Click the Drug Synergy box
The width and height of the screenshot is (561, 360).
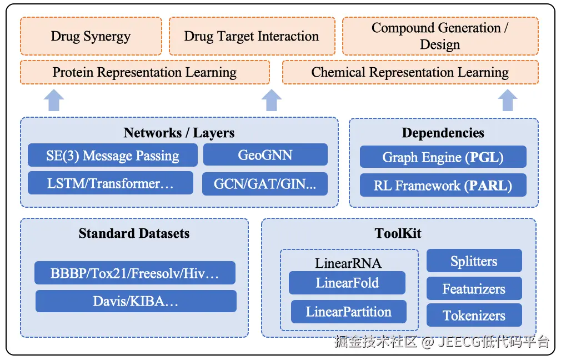point(91,36)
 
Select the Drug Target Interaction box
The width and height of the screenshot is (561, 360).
point(252,36)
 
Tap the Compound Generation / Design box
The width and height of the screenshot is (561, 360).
point(440,36)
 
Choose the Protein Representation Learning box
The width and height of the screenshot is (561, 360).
point(145,72)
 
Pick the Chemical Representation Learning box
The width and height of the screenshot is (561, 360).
point(410,72)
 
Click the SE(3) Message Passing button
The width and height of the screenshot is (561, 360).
point(113,156)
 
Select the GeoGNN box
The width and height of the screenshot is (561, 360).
point(265,155)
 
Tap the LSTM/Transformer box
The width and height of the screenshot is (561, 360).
point(111,183)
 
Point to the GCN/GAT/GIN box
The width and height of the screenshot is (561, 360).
point(265,184)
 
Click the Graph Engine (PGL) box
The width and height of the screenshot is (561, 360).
point(443,157)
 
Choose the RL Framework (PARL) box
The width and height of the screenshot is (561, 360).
point(443,185)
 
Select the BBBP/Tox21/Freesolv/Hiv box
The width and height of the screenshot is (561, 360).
point(135,273)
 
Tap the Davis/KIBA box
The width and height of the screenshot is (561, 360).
point(136,301)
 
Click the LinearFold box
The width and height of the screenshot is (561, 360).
point(347,283)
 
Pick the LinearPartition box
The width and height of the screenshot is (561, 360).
point(348,312)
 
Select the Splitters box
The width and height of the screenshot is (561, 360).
point(474,261)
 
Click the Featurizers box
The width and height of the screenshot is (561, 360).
point(474,288)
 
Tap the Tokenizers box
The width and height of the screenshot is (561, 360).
point(474,315)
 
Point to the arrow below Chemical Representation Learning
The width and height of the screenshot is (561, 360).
point(507,100)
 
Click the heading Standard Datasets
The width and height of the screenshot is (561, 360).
point(134,233)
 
